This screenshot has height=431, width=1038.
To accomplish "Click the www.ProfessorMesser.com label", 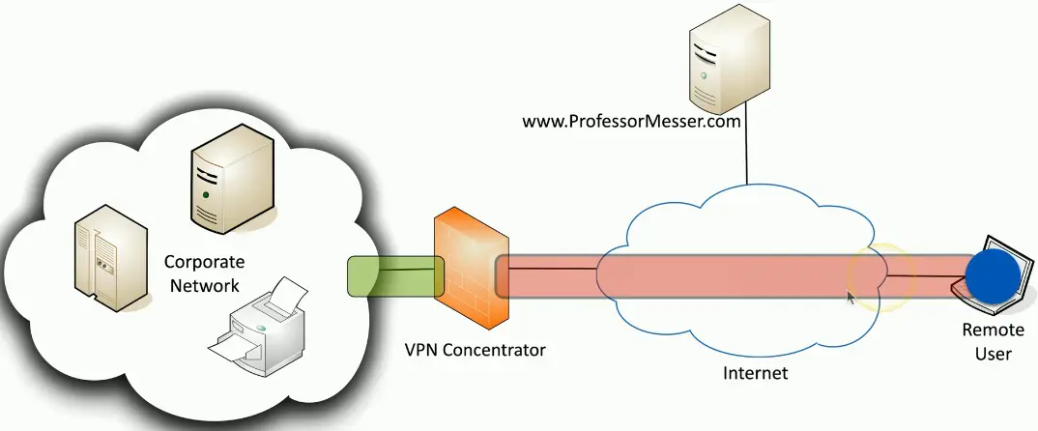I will point(631,122).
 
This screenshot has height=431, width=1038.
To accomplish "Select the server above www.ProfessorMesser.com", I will point(729,60).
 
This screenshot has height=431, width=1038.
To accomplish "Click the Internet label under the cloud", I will point(755,373).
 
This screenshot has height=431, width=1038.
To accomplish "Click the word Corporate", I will point(204,262).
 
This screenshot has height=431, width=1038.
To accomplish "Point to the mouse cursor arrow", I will point(851,297).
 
